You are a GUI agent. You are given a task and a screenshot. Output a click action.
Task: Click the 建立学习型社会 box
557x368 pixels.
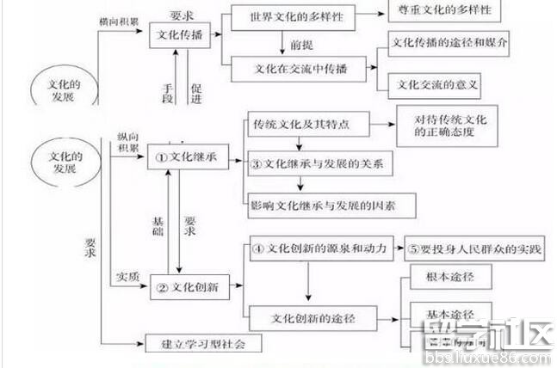tap(203, 345)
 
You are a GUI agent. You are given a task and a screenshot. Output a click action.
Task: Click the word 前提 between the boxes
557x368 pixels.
tap(301, 41)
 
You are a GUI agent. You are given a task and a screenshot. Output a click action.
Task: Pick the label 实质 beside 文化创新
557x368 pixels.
tap(127, 275)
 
